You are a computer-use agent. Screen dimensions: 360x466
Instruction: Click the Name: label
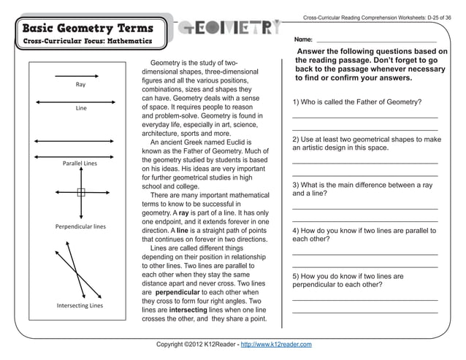pos(304,38)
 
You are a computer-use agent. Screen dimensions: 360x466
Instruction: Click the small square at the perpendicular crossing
pos(81,193)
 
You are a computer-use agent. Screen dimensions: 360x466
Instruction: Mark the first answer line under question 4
pos(365,253)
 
